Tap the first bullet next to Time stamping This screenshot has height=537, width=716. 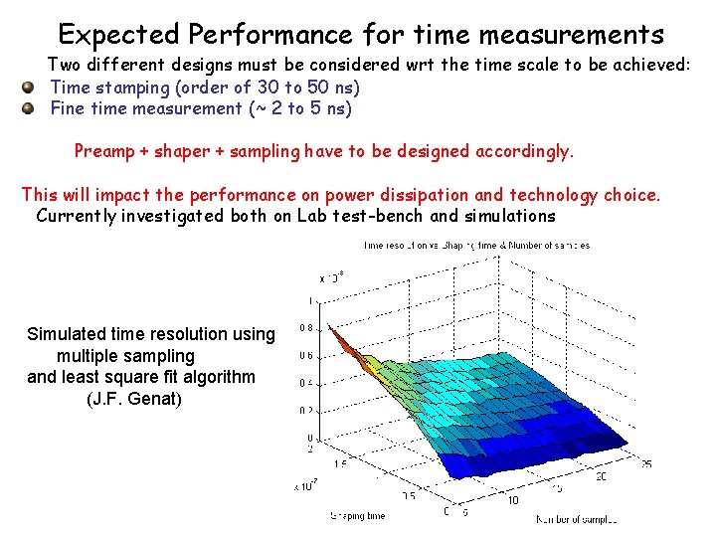click(30, 88)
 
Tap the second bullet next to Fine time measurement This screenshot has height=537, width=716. click(30, 108)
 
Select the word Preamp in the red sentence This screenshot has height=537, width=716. click(104, 152)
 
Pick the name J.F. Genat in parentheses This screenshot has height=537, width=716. click(134, 400)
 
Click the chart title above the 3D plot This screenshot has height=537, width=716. click(476, 245)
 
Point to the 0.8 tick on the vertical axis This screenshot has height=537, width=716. click(307, 328)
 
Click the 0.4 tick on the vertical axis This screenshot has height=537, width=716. click(307, 383)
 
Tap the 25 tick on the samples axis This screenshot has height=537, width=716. click(646, 463)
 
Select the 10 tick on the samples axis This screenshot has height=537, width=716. click(513, 499)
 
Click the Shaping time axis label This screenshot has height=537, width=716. click(357, 516)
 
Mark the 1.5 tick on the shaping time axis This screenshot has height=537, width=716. click(341, 462)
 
